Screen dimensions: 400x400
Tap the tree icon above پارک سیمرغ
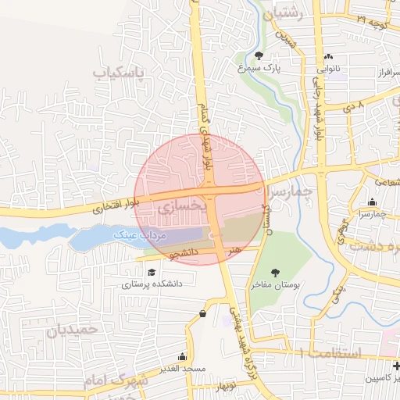click(259, 55)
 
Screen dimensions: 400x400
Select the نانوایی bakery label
click(327, 69)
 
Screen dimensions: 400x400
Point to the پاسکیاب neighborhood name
click(120, 74)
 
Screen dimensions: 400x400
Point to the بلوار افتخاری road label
click(117, 205)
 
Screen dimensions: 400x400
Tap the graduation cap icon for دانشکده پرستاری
click(151, 272)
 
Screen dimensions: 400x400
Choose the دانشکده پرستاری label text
click(151, 284)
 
